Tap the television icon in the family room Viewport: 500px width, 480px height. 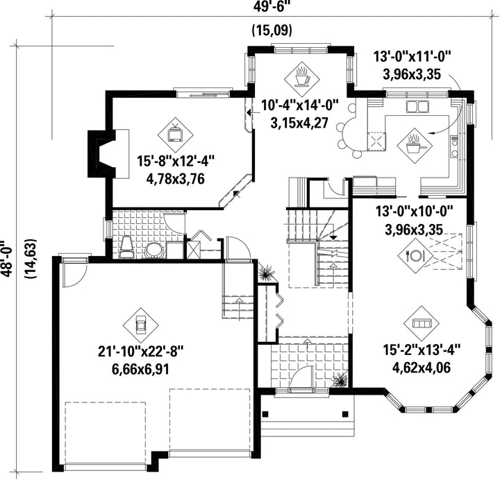point(175,133)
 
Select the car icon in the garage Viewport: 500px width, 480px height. point(140,325)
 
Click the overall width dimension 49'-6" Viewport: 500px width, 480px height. point(268,6)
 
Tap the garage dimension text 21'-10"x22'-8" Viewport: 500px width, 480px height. point(140,352)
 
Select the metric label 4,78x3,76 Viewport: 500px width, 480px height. point(175,179)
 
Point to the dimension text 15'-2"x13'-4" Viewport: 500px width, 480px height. point(422,350)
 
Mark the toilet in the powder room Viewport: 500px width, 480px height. point(126,246)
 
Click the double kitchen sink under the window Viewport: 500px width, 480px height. point(417,107)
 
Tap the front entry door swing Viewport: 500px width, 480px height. point(301,377)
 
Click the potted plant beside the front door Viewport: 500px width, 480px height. point(340,379)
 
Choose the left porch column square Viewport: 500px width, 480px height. point(265,413)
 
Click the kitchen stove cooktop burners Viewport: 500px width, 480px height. point(454,147)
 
